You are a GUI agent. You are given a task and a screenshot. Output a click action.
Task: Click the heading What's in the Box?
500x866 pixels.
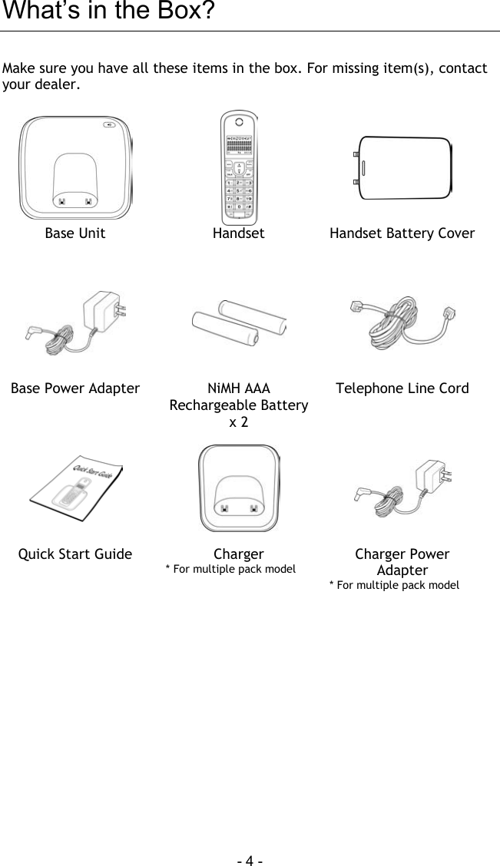pyautogui.click(x=108, y=13)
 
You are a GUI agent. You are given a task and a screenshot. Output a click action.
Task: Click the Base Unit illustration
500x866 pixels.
pyautogui.click(x=75, y=167)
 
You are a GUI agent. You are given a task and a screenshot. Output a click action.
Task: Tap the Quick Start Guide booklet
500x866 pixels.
pyautogui.click(x=75, y=488)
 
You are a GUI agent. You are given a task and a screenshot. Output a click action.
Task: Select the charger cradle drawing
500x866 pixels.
pyautogui.click(x=239, y=488)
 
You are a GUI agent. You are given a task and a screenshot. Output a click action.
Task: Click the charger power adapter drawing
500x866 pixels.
pyautogui.click(x=402, y=488)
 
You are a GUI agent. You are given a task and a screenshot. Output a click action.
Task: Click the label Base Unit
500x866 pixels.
pyautogui.click(x=75, y=233)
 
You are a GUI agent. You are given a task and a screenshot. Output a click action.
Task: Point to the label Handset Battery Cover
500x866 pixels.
pyautogui.click(x=402, y=233)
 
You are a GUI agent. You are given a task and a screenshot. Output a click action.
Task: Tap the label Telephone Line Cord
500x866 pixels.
pyautogui.click(x=402, y=388)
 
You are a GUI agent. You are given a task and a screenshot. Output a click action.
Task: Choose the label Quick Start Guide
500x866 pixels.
pyautogui.click(x=75, y=554)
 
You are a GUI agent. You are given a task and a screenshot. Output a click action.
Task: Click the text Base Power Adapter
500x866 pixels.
pyautogui.click(x=75, y=388)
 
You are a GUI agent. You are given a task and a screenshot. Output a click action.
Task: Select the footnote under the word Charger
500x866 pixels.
pyautogui.click(x=231, y=569)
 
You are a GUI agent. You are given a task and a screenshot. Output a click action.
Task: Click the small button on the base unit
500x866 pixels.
pyautogui.click(x=112, y=127)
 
